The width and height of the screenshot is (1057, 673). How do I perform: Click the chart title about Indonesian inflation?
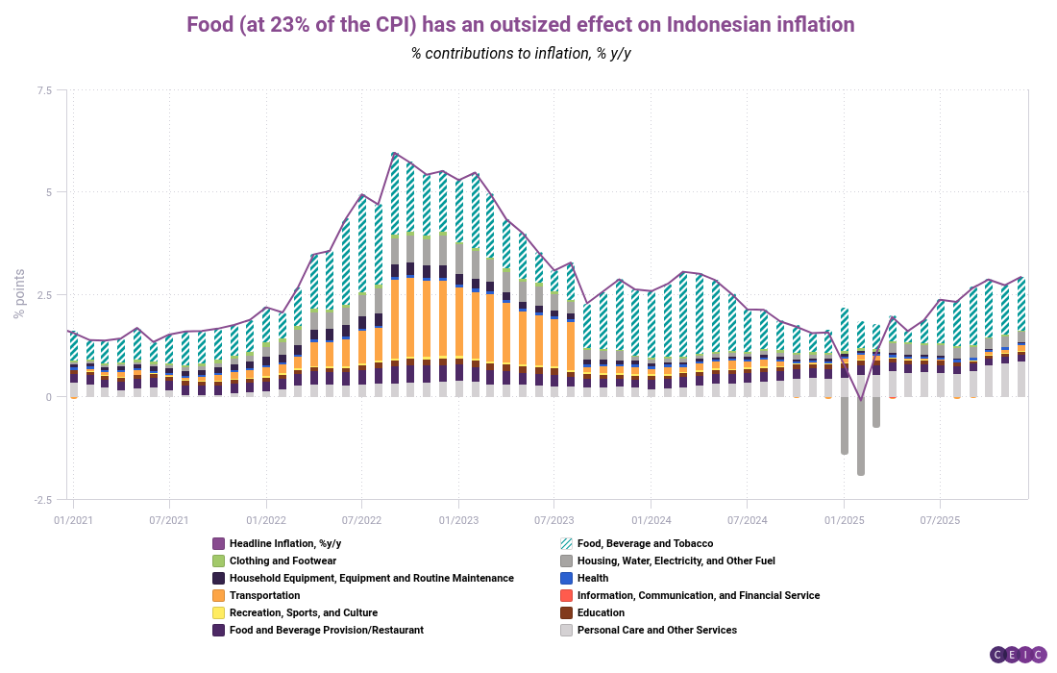pyautogui.click(x=520, y=23)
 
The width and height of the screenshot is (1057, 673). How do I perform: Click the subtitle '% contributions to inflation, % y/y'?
pyautogui.click(x=520, y=53)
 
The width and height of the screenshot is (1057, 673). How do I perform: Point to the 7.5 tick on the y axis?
pyautogui.click(x=44, y=90)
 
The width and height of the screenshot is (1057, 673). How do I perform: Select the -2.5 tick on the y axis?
pyautogui.click(x=43, y=500)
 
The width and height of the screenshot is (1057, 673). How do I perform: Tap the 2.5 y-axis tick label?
pyautogui.click(x=44, y=295)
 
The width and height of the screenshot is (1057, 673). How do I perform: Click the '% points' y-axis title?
pyautogui.click(x=18, y=294)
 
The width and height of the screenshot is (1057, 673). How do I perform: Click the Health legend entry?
pyautogui.click(x=592, y=578)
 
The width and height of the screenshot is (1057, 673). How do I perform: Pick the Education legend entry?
pyautogui.click(x=601, y=612)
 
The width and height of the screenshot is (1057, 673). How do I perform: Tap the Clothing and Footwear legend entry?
pyautogui.click(x=282, y=561)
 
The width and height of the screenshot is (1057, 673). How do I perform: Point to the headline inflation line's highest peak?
pyautogui.click(x=394, y=154)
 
